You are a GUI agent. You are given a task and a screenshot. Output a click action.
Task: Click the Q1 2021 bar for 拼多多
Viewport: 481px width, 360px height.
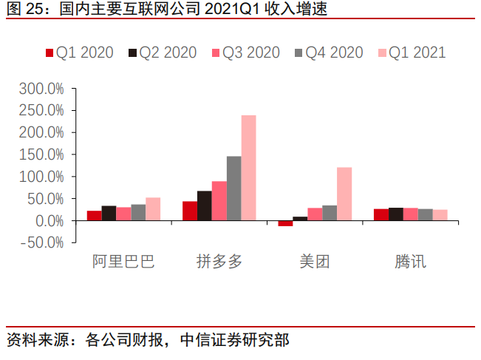click(248, 168)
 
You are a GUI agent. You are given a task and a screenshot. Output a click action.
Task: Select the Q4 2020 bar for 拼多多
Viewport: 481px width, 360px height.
click(233, 189)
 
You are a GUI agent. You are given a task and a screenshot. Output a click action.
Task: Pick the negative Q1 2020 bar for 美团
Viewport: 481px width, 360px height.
click(285, 223)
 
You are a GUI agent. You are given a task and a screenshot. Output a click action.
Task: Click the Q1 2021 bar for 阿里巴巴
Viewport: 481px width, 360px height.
click(153, 209)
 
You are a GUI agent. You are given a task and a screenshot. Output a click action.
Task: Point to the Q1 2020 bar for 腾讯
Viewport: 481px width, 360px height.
click(381, 215)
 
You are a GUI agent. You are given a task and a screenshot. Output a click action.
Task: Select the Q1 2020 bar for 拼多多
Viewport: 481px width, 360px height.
click(190, 211)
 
